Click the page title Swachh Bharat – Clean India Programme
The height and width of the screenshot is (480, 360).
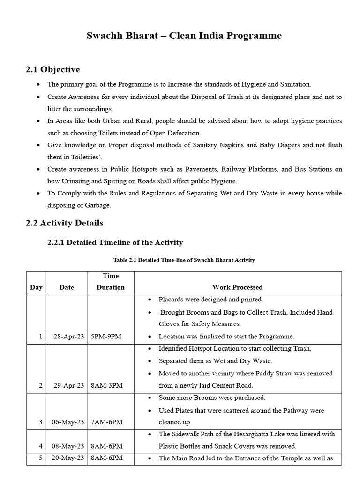coord(184,36)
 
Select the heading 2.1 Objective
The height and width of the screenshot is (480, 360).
coord(52,69)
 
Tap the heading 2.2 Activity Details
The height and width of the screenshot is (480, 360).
coord(64,223)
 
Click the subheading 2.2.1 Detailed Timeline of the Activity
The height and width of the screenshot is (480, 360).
coord(115,242)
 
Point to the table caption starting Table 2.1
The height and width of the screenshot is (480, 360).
coord(184,260)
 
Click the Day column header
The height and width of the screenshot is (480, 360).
coord(36,287)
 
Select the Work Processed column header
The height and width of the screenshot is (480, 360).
coord(237,287)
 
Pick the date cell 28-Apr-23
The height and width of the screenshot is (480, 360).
coord(67,336)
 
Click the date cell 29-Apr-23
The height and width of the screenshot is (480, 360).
coord(67,385)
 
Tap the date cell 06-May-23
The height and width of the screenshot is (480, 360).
coord(67,422)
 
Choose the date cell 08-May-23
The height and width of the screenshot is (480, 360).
coord(67,446)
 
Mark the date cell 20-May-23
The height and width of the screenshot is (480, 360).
coord(67,458)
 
